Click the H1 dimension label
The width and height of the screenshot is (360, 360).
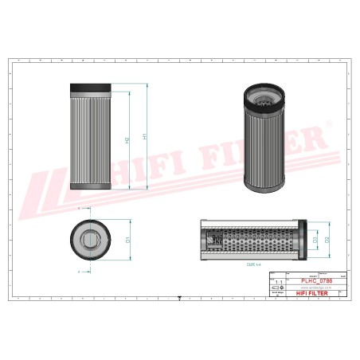(x=144, y=136)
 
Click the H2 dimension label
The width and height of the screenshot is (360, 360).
(x=128, y=140)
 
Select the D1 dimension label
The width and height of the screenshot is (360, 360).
(x=127, y=237)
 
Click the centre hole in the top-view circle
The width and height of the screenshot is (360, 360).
(x=92, y=237)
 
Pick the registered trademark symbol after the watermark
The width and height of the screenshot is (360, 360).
(x=328, y=123)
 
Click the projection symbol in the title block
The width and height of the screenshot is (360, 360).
(x=278, y=293)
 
